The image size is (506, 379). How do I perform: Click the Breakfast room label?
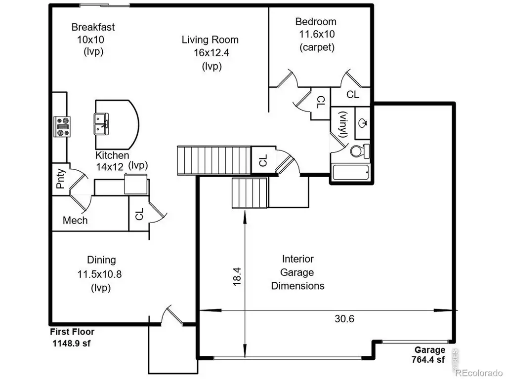(93, 27)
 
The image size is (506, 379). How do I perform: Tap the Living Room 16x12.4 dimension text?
(211, 52)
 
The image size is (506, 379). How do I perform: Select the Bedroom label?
(316, 22)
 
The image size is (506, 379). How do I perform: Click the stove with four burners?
(62, 127)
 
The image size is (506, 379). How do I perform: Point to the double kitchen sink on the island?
(101, 124)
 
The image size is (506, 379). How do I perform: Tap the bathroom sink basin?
(363, 123)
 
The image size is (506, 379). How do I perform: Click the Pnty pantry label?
(61, 179)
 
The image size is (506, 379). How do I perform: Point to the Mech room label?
(75, 221)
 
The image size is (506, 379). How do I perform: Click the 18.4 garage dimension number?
(237, 276)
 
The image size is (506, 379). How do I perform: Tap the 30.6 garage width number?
(344, 319)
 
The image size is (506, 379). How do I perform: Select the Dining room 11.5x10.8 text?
(99, 274)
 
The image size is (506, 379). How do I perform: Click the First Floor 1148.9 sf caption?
(72, 338)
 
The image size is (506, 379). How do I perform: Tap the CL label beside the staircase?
(263, 160)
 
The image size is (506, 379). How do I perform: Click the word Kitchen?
(112, 155)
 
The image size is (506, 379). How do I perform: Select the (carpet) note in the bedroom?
(317, 47)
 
